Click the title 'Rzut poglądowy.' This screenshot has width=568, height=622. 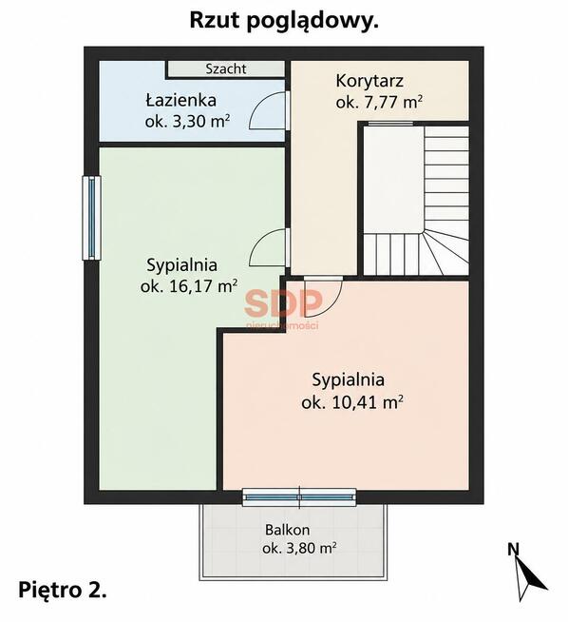point(284,21)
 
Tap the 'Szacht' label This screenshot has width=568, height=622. point(226,69)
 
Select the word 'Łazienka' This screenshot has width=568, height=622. point(181,100)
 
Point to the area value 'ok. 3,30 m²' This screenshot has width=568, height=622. point(187,122)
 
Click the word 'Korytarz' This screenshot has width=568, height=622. point(369,81)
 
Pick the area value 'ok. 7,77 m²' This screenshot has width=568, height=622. point(379,102)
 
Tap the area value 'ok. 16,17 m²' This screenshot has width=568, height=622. point(189,286)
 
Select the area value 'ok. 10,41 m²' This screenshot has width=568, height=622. point(352,402)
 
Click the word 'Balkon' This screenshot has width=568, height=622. point(288,530)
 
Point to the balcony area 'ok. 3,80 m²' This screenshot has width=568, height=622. point(299,548)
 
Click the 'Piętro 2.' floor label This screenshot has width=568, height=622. point(63,590)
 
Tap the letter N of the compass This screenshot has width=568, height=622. point(513,549)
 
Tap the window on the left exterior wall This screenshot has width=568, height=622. point(91,218)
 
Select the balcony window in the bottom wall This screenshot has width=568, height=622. point(299,497)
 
